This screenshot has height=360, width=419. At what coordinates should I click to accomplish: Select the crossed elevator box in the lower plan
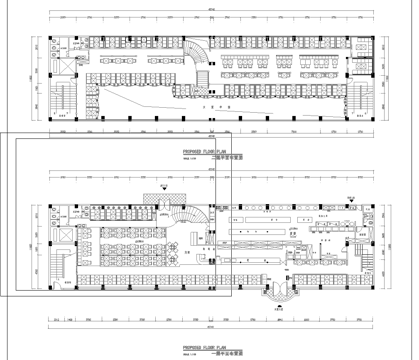coord(63,233)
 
